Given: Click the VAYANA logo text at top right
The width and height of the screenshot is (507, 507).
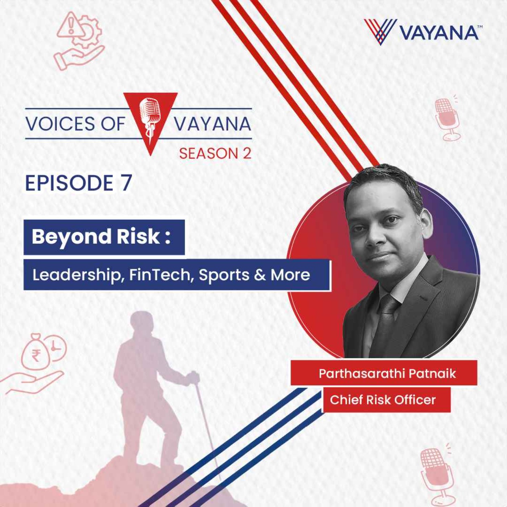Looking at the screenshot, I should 439,33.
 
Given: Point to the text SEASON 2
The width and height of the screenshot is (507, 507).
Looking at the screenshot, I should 215,154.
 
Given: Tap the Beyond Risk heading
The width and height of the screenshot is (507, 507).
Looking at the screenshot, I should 101,237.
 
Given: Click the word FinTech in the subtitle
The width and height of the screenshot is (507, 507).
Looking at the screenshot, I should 159,275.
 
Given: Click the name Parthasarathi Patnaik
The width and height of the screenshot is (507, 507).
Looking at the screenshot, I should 387,373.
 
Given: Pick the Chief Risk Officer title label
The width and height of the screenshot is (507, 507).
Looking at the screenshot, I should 382,400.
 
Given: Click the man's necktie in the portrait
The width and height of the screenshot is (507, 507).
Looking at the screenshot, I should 386,319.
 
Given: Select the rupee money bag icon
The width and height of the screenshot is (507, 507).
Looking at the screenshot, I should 36,353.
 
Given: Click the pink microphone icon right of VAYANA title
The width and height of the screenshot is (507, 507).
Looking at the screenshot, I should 447,118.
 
